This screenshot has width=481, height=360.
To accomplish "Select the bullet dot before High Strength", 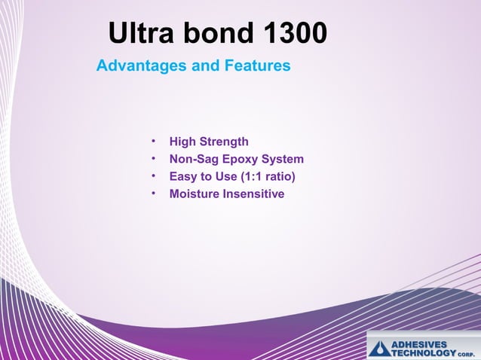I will (x=153, y=141).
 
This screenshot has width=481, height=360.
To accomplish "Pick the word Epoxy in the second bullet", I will (x=237, y=160).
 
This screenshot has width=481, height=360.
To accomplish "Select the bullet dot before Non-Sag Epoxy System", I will (x=153, y=159).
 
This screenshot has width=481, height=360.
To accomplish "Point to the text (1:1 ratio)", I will (x=267, y=177).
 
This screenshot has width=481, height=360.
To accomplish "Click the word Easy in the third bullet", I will (x=183, y=177).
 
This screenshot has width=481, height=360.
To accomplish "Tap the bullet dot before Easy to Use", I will (x=153, y=176).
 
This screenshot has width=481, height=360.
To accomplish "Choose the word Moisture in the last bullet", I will (x=195, y=194).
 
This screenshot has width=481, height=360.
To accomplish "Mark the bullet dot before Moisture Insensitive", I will (x=153, y=194).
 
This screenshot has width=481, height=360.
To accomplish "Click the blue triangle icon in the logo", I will (x=379, y=348).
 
